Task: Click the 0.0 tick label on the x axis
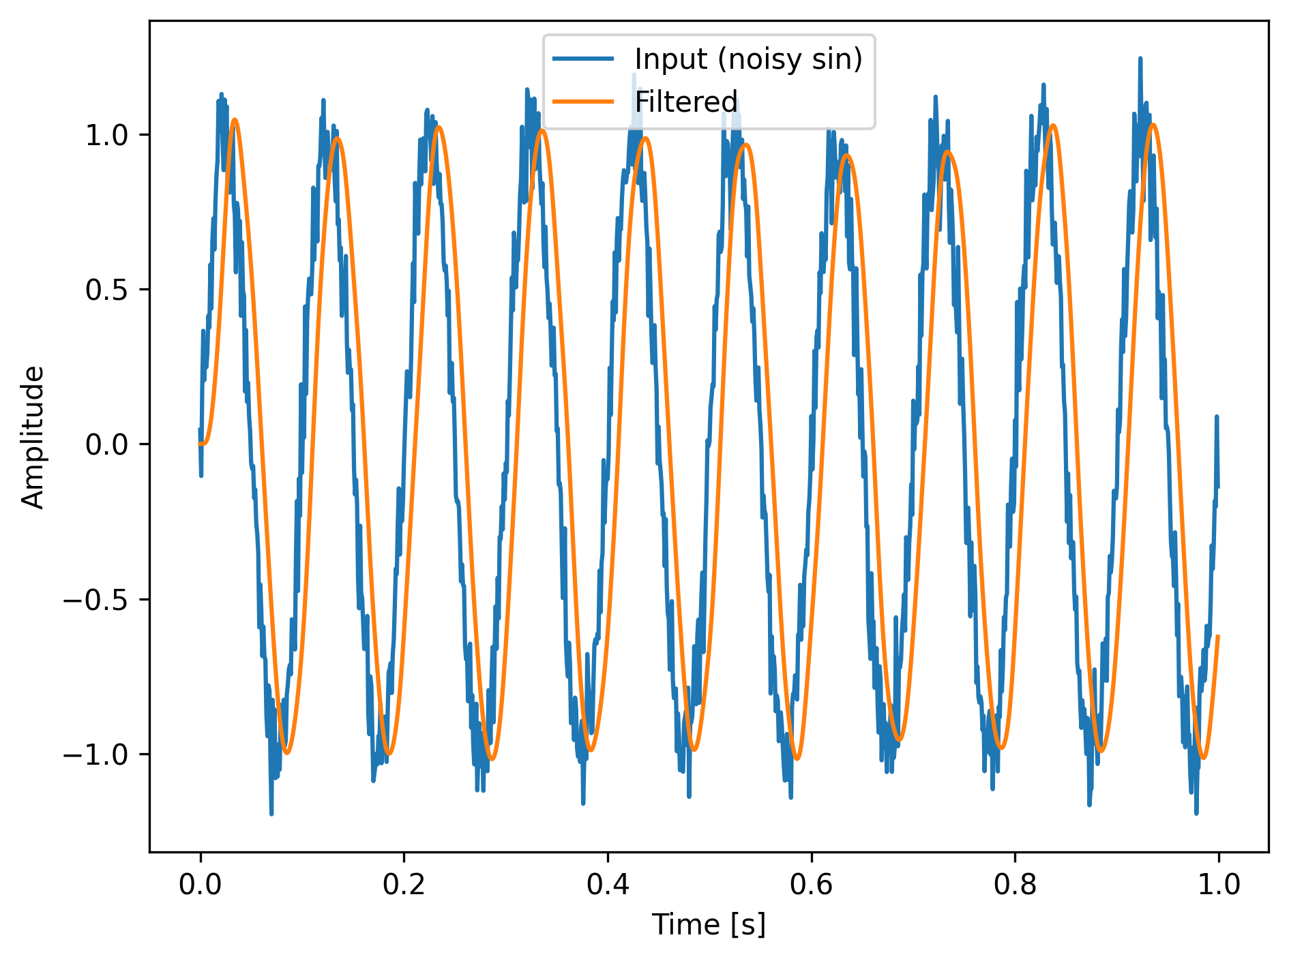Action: point(200,884)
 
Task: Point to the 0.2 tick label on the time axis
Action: point(404,884)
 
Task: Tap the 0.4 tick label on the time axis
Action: point(608,884)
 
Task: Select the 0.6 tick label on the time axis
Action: point(812,884)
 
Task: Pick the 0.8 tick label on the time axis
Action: point(1015,884)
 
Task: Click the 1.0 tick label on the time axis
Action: point(1219,884)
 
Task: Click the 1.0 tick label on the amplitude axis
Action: point(106,135)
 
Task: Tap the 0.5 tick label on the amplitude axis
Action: point(106,290)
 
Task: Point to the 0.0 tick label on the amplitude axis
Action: point(106,444)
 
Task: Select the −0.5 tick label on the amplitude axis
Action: point(96,600)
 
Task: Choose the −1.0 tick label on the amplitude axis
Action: point(96,754)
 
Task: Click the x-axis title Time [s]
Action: point(709,925)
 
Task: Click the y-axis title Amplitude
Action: point(33,437)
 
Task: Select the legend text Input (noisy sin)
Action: point(748,59)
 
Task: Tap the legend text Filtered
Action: point(686,102)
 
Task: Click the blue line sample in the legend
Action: point(583,59)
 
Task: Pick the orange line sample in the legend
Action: point(583,102)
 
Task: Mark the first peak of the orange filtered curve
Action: point(235,119)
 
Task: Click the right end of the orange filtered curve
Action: point(1218,636)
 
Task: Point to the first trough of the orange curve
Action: point(286,752)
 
